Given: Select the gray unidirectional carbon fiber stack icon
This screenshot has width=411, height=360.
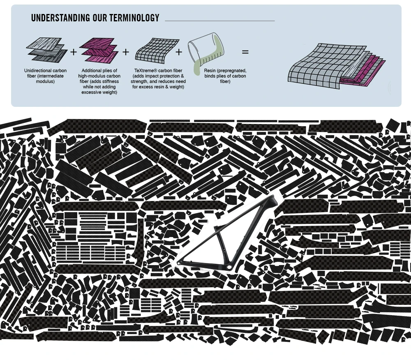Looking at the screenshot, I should tap(46, 50).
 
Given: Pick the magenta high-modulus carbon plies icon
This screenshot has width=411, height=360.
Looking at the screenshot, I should tap(99, 50).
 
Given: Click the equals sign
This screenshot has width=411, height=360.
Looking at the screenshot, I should tap(245, 53).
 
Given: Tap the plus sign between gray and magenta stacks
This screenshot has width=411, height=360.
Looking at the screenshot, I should tap(74, 52).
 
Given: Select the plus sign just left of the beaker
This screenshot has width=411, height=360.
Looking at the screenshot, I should tap(179, 52).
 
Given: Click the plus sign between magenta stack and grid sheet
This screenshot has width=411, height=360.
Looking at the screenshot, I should tap(126, 52).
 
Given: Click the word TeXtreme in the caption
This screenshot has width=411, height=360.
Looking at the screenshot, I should tap(145, 71).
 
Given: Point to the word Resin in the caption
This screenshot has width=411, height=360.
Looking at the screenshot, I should tap(211, 71).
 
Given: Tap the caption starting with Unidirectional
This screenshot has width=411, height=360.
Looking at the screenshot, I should tap(45, 76).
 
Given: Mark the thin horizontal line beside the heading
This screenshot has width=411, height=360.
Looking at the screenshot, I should tap(219, 21).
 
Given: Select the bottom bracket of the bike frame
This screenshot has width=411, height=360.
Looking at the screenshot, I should tap(225, 268).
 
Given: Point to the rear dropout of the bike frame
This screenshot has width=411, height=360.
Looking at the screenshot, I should tap(179, 263).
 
